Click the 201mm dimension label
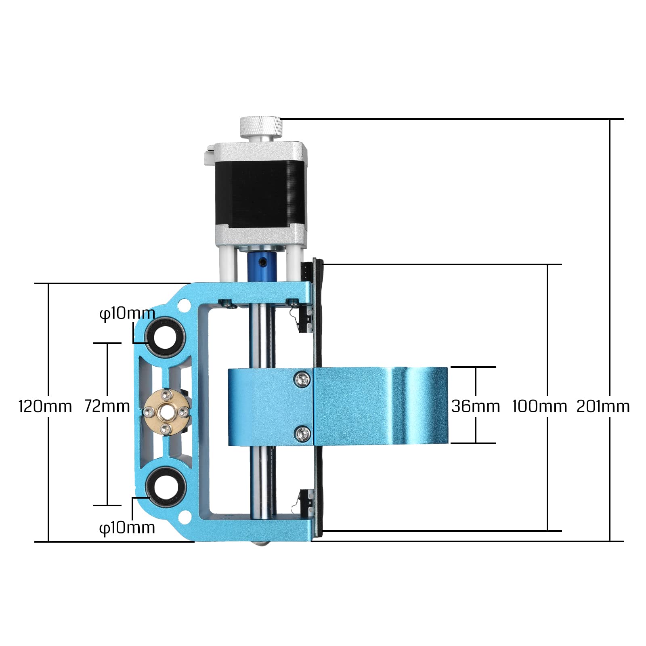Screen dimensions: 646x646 tap(603, 406)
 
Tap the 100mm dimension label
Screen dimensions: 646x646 tap(539, 406)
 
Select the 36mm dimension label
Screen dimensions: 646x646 tap(476, 406)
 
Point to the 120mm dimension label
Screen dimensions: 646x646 tap(45, 406)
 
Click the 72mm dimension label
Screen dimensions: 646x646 tap(107, 406)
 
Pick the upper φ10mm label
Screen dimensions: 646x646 tap(127, 313)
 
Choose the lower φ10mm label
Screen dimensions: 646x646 tap(127, 528)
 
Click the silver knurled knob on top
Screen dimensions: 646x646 tap(260, 126)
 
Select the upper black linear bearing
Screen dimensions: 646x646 tap(166, 336)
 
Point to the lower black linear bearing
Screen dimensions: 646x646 tap(166, 487)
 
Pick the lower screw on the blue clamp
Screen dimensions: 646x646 tap(302, 434)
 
